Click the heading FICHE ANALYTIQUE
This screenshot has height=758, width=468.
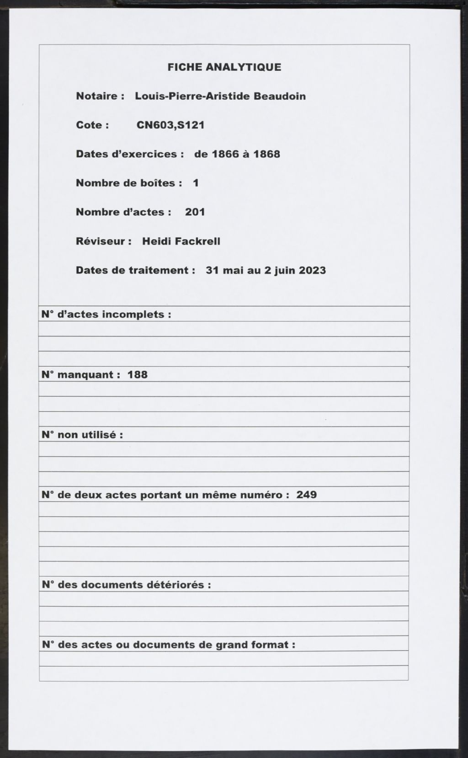click(224, 67)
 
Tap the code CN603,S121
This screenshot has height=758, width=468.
click(170, 125)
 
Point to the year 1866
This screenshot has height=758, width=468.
click(225, 154)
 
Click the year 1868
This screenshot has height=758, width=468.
click(266, 154)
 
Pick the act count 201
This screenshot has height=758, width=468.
click(195, 212)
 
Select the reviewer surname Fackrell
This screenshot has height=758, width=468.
click(197, 241)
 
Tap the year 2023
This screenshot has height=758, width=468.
click(312, 270)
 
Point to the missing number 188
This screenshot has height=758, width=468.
click(138, 375)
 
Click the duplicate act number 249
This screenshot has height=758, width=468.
click(306, 495)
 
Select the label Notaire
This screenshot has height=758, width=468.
click(97, 96)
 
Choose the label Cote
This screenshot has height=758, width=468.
click(90, 125)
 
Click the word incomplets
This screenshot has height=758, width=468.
click(134, 315)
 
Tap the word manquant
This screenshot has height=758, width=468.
click(85, 375)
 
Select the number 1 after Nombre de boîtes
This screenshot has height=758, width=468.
click(196, 183)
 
